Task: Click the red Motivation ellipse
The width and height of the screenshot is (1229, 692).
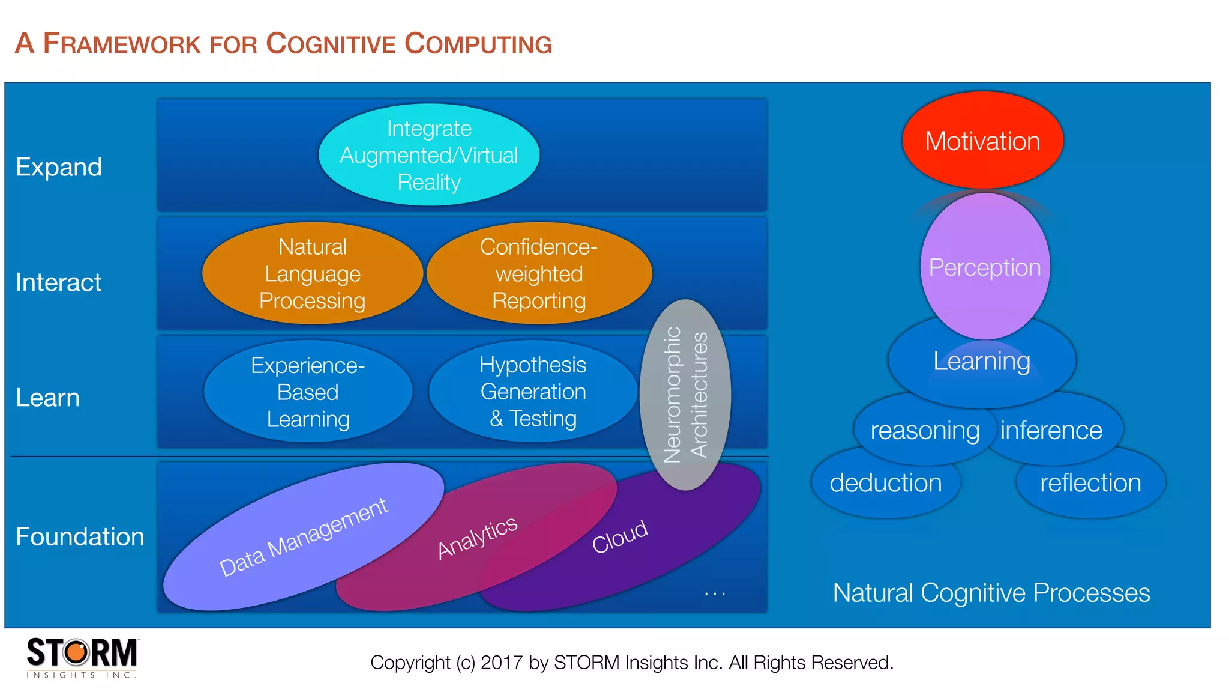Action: (x=982, y=141)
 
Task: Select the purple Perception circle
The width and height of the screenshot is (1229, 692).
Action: (x=985, y=267)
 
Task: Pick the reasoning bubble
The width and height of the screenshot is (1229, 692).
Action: (x=924, y=430)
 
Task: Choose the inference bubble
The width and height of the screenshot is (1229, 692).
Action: (x=1051, y=430)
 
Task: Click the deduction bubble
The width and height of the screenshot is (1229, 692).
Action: (x=886, y=483)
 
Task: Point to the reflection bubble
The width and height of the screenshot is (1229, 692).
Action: (x=1090, y=483)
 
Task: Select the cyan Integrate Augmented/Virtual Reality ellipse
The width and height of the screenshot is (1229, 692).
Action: (x=429, y=155)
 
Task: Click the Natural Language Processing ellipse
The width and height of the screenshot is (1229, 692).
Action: (x=313, y=274)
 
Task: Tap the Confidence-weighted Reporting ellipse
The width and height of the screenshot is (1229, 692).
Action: (x=539, y=274)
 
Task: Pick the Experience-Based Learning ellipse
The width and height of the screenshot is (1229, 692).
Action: (x=308, y=392)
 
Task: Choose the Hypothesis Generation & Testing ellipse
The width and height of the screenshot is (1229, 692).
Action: (x=533, y=392)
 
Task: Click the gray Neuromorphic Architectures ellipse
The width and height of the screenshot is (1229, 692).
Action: (x=685, y=395)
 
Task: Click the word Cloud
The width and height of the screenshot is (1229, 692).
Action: (x=619, y=536)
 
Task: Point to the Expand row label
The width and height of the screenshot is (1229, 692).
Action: (x=59, y=167)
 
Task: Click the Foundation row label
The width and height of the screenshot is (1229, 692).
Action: (x=80, y=536)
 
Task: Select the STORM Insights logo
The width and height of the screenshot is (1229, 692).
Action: (x=82, y=657)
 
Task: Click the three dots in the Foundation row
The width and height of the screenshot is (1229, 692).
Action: (x=715, y=593)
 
